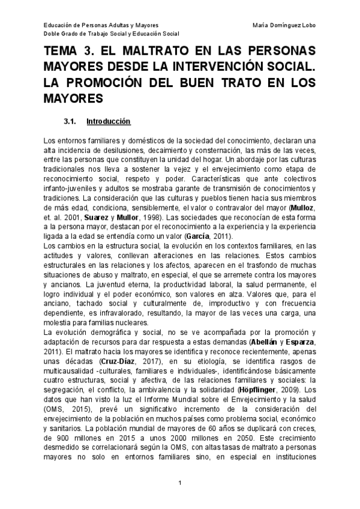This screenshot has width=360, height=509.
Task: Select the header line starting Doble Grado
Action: point(107,34)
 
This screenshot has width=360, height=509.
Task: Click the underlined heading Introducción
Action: point(109,122)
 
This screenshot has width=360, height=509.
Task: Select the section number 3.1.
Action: point(70,122)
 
